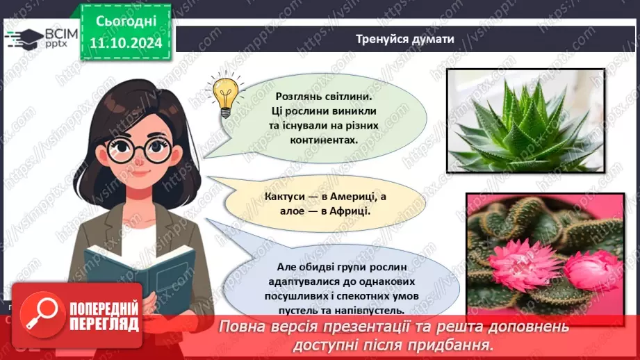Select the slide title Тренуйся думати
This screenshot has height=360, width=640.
pos(406,39)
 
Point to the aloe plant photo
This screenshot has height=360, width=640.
pos(525,120)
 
